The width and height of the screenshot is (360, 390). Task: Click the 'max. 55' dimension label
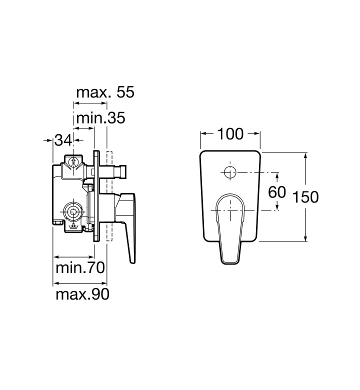click(105, 92)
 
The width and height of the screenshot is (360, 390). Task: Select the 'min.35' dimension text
click(100, 118)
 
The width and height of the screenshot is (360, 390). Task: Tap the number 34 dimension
click(63, 140)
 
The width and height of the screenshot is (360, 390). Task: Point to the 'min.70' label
click(80, 267)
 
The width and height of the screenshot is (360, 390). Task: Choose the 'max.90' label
click(82, 294)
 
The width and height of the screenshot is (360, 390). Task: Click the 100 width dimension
click(230, 134)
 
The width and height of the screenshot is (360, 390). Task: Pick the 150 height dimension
click(305, 196)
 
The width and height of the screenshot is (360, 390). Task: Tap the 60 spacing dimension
click(277, 192)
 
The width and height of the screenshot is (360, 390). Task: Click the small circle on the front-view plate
click(230, 172)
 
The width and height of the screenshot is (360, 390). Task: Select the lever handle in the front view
click(230, 229)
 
